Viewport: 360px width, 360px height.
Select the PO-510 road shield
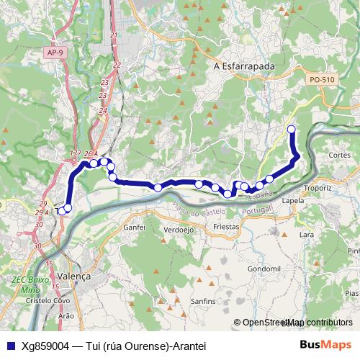[320, 79]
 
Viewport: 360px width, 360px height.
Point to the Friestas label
[226, 226]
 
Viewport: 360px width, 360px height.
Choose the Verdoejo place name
[179, 230]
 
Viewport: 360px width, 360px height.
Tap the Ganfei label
[135, 227]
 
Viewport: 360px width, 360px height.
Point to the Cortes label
[338, 155]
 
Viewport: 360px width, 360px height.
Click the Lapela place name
[293, 201]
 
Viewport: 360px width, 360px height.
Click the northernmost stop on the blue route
[292, 130]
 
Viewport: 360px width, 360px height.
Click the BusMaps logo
[326, 346]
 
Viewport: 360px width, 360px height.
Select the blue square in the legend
[9, 346]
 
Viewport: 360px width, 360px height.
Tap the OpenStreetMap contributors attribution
[298, 323]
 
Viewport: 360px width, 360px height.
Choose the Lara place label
[307, 234]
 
